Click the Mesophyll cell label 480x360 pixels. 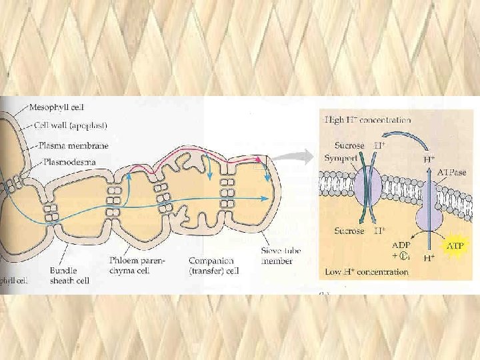[x=61, y=105]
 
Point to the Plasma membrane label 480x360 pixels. [x=73, y=145]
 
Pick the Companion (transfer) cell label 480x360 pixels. [x=213, y=265]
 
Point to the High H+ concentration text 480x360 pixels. [x=367, y=120]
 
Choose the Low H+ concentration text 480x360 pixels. [x=367, y=272]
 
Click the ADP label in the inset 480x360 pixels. [x=401, y=245]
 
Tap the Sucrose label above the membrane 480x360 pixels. [x=349, y=145]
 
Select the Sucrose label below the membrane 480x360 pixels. [x=349, y=231]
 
